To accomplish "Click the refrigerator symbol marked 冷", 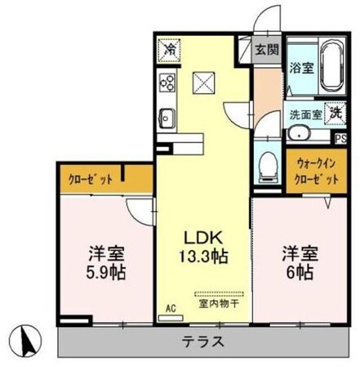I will point(170,50).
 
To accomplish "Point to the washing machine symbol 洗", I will point(336,115).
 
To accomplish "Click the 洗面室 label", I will point(305,116).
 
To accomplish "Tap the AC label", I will point(171,307).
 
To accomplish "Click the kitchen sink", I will point(168,117).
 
